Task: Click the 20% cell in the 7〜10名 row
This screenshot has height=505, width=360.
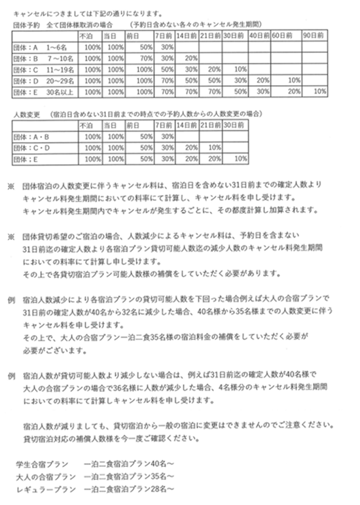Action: tap(190, 58)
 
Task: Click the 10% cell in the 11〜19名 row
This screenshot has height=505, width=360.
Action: tap(240, 69)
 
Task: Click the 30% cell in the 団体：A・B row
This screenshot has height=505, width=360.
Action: tap(166, 135)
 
